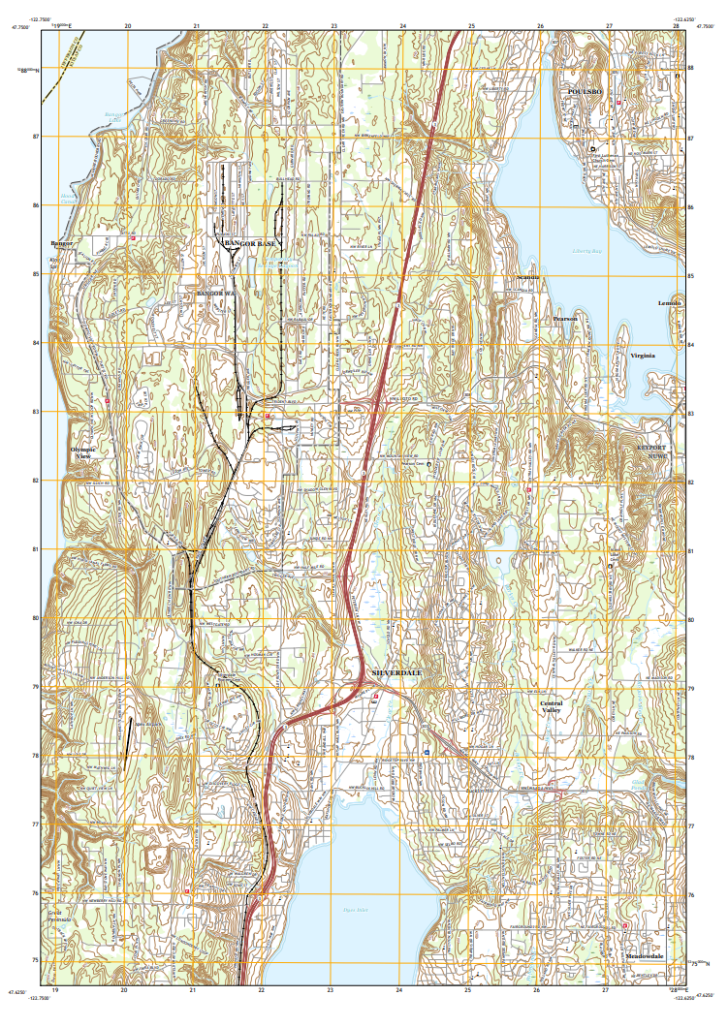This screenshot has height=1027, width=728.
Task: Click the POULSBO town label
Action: coord(586,91)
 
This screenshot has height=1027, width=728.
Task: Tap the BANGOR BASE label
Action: coord(251,244)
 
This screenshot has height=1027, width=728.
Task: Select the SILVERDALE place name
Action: coord(399,672)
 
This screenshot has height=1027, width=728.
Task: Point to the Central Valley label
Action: coord(552,706)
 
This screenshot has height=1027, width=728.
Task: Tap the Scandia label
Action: coord(528,277)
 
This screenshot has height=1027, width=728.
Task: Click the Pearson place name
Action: coord(565,318)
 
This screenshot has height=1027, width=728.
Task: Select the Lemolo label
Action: coord(670,303)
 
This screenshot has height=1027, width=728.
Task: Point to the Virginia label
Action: coord(643,356)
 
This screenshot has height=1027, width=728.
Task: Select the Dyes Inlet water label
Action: coord(356,909)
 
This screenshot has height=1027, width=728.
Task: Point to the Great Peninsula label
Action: coord(60,916)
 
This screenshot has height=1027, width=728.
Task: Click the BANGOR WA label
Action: coord(216,292)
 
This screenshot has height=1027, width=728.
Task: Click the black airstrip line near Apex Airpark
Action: coord(128,734)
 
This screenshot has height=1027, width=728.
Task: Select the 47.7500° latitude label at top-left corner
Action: coord(20,28)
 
